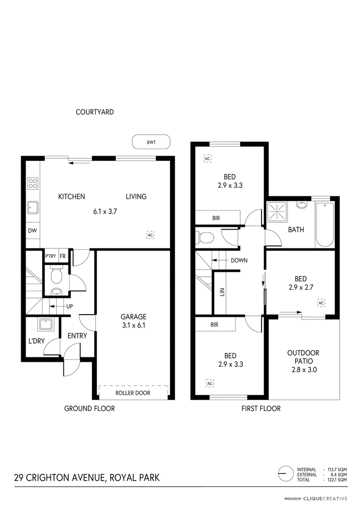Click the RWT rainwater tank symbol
click(x=151, y=142)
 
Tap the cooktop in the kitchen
click(x=32, y=183)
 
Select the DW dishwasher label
click(x=32, y=231)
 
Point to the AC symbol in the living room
click(x=150, y=235)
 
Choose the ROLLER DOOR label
click(x=133, y=393)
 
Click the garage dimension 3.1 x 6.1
click(x=133, y=325)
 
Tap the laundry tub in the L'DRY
click(x=46, y=324)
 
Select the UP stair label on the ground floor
click(x=69, y=306)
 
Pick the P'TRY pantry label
click(x=51, y=256)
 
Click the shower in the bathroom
click(x=277, y=212)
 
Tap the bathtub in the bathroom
click(x=324, y=225)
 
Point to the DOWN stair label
click(x=239, y=260)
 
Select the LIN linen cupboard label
click(x=222, y=292)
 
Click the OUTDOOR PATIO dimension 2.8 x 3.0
click(x=304, y=369)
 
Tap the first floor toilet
click(x=204, y=238)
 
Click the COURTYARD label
click(x=95, y=112)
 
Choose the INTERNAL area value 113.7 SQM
click(x=337, y=469)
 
